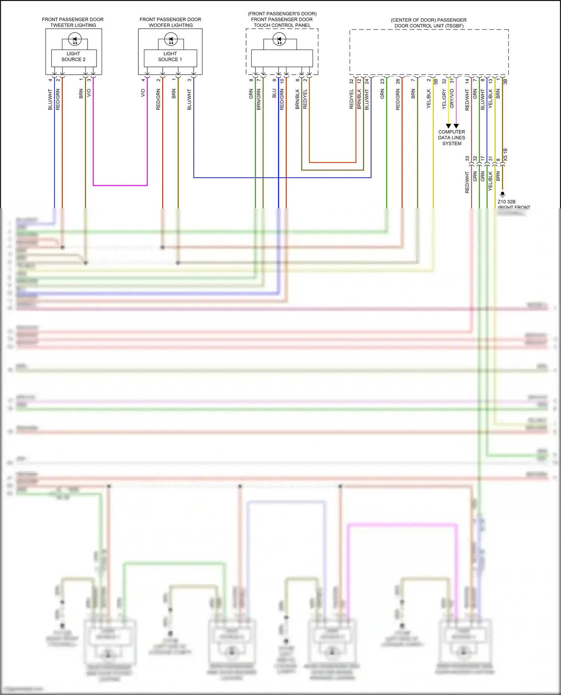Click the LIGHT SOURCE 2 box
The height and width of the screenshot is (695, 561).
[74, 57]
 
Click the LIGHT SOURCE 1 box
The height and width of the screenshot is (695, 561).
[170, 57]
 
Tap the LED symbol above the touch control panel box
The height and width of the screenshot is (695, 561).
[279, 39]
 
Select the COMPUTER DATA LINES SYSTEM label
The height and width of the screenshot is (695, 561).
[452, 137]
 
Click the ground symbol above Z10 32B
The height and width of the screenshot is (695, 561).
[502, 194]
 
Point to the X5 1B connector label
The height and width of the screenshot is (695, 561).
[506, 155]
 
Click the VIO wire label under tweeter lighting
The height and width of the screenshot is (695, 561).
[89, 93]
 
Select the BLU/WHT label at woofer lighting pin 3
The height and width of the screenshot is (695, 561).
[189, 99]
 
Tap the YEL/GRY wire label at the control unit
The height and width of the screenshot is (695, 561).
[444, 99]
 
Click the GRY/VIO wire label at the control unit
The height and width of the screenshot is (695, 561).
[452, 99]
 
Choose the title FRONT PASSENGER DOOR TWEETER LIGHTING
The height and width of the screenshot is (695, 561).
[73, 22]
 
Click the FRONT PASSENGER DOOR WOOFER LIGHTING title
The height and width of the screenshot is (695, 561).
[171, 22]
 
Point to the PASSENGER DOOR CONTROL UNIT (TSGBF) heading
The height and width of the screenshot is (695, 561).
[429, 23]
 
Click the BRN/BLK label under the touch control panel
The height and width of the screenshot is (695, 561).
[297, 99]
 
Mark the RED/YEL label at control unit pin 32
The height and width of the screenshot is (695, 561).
[351, 99]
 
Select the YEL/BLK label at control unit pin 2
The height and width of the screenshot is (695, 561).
[429, 99]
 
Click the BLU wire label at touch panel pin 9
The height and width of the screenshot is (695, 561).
[274, 93]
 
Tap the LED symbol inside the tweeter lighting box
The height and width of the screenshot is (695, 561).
[75, 39]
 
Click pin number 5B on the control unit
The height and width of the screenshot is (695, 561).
[436, 81]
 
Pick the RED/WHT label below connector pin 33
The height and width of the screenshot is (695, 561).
[467, 182]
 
